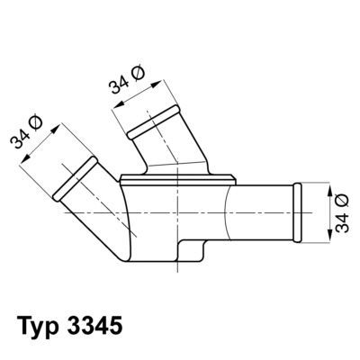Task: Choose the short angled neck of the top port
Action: coord(163,148)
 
